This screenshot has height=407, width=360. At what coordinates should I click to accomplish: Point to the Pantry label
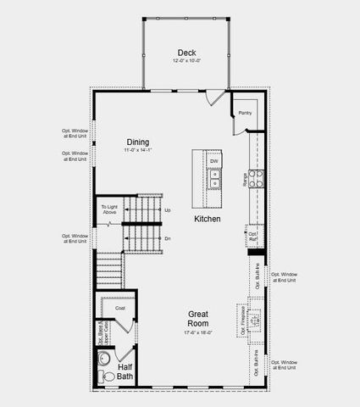coord(246,113)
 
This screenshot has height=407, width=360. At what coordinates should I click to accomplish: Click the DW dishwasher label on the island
coord(214,161)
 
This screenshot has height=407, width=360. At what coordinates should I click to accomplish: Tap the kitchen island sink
coord(214,181)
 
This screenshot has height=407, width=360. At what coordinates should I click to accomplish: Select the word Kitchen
coord(208,219)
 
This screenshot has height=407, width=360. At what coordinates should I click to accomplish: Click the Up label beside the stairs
coord(168,209)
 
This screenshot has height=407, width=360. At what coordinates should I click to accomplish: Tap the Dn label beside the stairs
coord(168,238)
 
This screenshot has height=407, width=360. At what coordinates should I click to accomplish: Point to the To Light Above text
coord(110,209)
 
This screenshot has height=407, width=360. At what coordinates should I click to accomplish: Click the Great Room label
coord(199,319)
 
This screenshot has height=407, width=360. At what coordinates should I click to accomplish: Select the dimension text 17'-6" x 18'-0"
coord(199,333)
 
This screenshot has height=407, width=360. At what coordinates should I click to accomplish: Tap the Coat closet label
coord(120,308)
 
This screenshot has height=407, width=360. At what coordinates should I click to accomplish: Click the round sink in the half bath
coord(105,359)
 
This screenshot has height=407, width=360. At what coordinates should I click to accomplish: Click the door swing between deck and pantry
coord(217,97)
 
